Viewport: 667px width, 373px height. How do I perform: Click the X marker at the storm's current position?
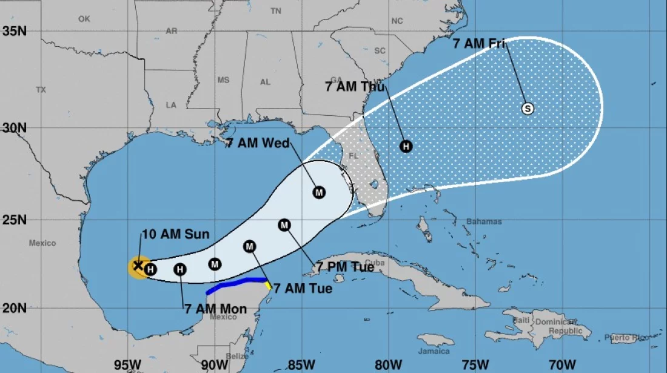point(138,265)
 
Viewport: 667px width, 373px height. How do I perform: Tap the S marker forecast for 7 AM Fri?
point(528,109)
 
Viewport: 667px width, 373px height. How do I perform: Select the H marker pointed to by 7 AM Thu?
point(406,146)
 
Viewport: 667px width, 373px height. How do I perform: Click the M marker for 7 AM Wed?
point(320,192)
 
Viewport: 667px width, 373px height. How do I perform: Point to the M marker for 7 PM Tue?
point(284,225)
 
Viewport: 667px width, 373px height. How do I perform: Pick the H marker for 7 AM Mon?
point(179,269)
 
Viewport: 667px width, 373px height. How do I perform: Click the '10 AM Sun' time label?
point(175,235)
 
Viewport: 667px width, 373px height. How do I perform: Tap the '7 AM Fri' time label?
point(479,44)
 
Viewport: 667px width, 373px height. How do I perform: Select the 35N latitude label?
point(13,30)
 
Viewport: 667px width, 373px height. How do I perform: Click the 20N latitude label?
point(13,307)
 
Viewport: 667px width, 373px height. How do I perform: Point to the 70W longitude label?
point(561,365)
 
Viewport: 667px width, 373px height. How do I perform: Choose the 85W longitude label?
point(300,365)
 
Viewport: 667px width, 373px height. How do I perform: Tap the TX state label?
point(41,90)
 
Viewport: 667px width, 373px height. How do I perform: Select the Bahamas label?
point(484,221)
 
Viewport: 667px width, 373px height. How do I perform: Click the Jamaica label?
point(434,351)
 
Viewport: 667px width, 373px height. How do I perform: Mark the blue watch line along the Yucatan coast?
point(236,283)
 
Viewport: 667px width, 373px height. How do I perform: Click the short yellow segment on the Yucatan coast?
point(267,284)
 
